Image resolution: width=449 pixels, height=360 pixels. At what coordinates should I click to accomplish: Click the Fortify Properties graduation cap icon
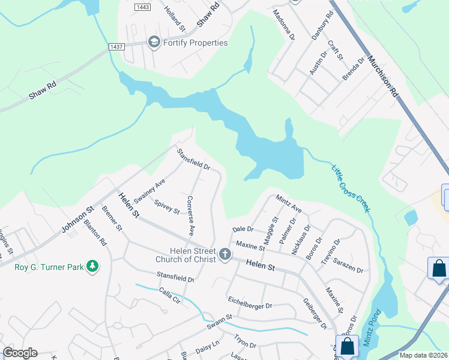pos(154,42)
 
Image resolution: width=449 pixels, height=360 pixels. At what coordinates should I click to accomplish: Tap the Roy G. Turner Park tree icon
pos(92,266)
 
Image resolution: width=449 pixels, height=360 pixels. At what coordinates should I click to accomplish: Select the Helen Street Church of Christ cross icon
pos(224,254)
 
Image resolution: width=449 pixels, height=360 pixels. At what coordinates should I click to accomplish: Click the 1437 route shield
pos(116,46)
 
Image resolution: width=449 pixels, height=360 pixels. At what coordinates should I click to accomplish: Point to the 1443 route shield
pos(142,7)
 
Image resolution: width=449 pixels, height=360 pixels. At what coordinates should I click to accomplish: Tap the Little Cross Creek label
pos(351,188)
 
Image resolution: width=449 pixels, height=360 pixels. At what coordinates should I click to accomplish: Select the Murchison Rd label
pos(383,76)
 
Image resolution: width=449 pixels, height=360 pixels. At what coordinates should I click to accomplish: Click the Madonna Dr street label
pos(284,25)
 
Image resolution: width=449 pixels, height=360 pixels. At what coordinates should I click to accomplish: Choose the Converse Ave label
pos(190,215)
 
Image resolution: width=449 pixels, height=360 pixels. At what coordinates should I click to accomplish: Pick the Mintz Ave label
pos(289,203)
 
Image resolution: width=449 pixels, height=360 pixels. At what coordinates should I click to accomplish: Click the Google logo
pos(20,353)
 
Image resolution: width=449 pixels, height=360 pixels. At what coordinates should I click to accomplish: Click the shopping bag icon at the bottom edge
pos(347,346)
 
